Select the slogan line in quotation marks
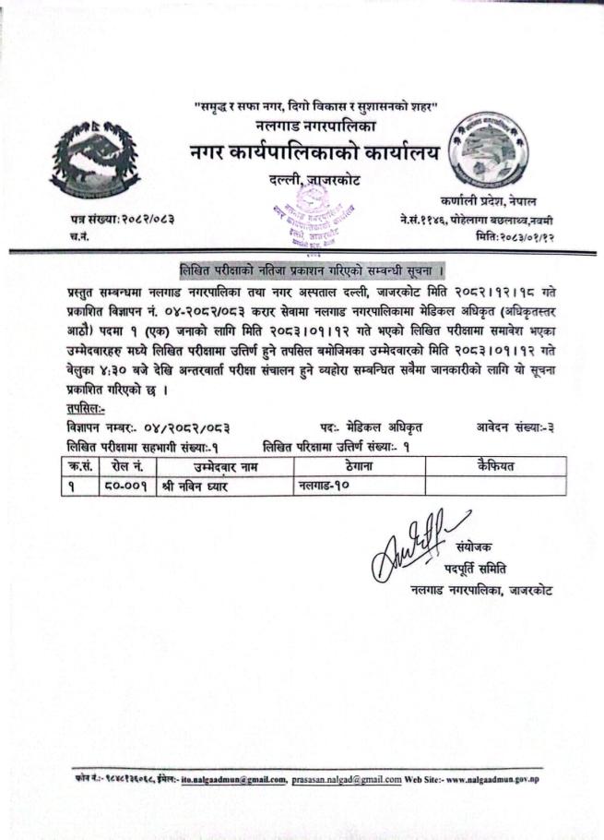[x=314, y=106]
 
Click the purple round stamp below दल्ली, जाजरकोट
[x=299, y=210]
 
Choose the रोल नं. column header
[x=126, y=467]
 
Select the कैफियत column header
[x=495, y=467]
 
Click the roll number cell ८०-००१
[x=126, y=486]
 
